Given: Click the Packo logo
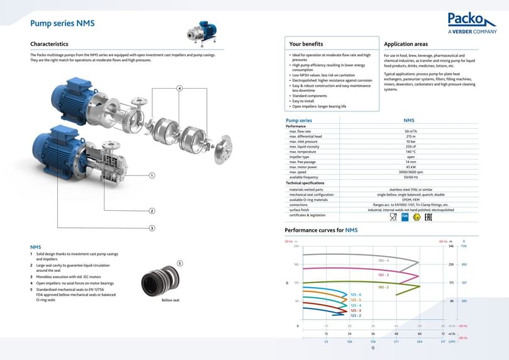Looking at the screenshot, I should click(472, 23).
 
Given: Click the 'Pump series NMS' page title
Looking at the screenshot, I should click(62, 23).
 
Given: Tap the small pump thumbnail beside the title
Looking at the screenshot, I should click(204, 33).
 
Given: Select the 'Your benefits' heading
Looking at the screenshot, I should click(306, 44).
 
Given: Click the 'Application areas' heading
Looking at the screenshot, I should click(406, 44).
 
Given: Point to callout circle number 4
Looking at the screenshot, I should click(179, 88).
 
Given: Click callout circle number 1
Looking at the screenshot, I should click(152, 175).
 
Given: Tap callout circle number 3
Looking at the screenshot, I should click(152, 227).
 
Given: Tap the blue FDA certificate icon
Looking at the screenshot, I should click(405, 217).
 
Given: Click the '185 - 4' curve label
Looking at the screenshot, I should click(383, 260).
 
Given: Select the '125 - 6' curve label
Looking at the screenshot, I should click(355, 295).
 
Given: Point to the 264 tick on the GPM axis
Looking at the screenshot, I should click(420, 342).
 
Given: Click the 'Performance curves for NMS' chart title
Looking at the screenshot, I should click(322, 230).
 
